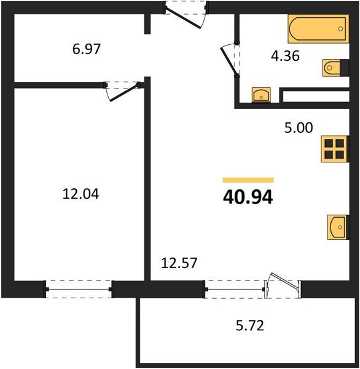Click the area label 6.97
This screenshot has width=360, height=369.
[x=87, y=49]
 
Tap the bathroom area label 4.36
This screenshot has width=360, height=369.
[x=285, y=56]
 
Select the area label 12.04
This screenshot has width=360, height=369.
[x=80, y=194]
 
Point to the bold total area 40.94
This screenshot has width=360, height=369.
[x=248, y=197]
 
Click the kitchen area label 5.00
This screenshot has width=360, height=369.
[x=299, y=128]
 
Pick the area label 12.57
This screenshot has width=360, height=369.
[x=179, y=263]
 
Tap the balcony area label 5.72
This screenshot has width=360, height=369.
[x=249, y=326]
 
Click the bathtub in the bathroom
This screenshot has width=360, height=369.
[x=318, y=29]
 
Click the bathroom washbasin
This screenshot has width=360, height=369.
[x=261, y=95]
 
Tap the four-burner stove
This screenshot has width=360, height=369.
[x=334, y=149]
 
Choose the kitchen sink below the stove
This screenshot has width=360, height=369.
[x=338, y=227]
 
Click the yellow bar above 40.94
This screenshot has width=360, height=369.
[x=248, y=180]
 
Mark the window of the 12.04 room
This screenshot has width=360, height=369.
[x=79, y=289]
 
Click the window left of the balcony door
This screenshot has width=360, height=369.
[x=235, y=289]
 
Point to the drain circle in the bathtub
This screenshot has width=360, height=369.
[x=340, y=29]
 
